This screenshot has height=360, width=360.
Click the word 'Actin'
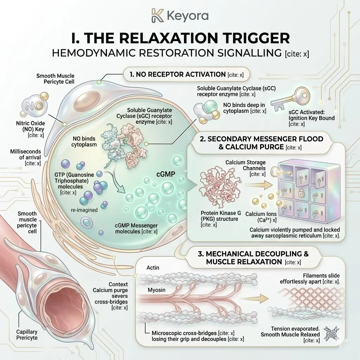[152, 268]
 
